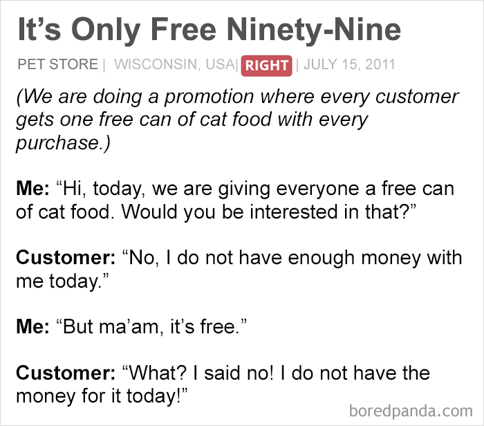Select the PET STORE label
click(x=57, y=65)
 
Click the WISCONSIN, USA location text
click(x=174, y=65)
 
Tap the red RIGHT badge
click(x=266, y=66)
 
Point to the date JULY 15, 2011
click(x=349, y=65)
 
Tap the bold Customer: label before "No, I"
click(x=66, y=258)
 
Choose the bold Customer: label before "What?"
click(x=66, y=373)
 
